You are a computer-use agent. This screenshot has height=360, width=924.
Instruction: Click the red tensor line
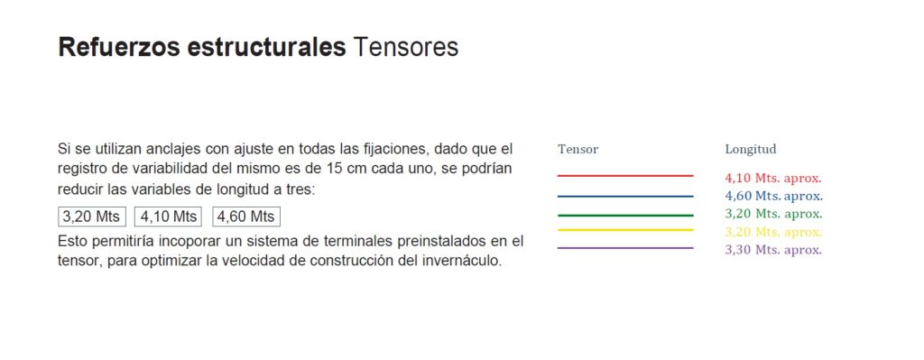pos(625,176)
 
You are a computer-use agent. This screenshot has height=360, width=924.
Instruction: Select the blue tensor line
pos(625,196)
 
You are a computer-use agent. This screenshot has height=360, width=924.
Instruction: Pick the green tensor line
pos(625,216)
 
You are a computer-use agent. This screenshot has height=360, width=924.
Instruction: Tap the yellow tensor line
pos(625,230)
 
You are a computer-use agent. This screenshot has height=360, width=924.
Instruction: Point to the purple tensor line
pos(625,248)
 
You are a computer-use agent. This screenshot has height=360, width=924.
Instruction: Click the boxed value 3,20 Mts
pos(92,217)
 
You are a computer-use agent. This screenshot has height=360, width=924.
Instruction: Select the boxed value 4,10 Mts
pos(169,217)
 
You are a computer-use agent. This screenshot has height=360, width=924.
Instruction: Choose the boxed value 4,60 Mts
pos(246,217)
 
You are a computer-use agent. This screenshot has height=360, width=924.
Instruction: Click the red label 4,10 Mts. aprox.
pos(773,178)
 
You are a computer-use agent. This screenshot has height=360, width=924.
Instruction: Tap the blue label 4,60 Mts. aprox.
pos(773,196)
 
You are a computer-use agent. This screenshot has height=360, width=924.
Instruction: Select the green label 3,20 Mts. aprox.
pos(773,213)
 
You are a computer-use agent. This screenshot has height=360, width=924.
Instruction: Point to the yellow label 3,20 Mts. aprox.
pos(773,232)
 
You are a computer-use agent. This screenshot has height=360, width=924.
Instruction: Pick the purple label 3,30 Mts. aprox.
pos(773,250)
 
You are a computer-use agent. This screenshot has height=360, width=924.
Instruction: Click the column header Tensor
pos(578,149)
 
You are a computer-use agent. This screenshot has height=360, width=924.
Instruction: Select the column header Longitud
pos(751,149)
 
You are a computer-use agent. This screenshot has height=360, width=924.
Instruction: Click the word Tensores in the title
pos(405,47)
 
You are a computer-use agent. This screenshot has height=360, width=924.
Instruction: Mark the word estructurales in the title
pos(266,47)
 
